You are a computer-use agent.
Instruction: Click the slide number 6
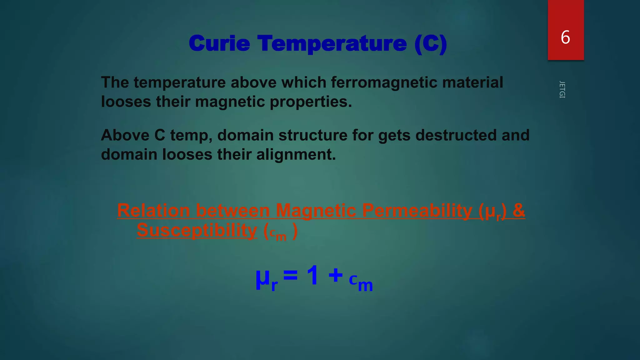click(x=565, y=37)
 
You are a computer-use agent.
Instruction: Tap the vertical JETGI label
click(x=562, y=89)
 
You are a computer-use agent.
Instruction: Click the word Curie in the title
click(x=219, y=43)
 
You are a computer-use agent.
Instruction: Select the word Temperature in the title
click(x=332, y=43)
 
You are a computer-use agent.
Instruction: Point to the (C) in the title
click(x=431, y=43)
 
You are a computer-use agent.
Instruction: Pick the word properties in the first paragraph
click(x=311, y=102)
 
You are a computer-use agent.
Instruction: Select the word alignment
click(x=296, y=155)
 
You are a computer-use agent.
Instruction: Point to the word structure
click(x=313, y=135)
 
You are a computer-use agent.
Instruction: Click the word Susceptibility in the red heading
click(x=197, y=230)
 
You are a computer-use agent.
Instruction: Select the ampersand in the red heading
click(x=519, y=210)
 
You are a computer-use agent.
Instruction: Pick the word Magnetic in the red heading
click(x=316, y=210)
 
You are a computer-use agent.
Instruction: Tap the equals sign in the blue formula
click(x=290, y=275)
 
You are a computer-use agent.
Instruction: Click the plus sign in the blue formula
click(x=336, y=275)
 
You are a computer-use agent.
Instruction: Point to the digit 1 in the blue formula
click(x=312, y=275)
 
